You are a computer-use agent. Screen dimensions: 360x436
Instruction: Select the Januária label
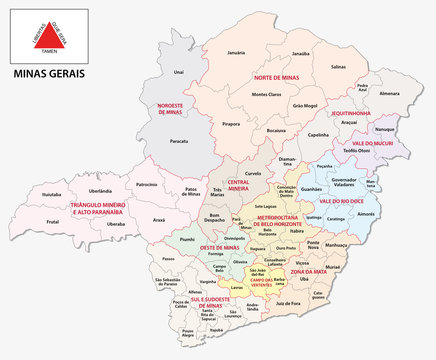coord(236,51)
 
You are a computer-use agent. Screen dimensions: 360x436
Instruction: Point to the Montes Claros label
coord(266,94)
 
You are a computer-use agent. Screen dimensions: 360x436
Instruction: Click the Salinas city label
coord(339,65)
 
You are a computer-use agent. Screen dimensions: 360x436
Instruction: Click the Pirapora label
coord(232,124)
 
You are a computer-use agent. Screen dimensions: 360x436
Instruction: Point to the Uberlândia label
coord(100,190)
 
